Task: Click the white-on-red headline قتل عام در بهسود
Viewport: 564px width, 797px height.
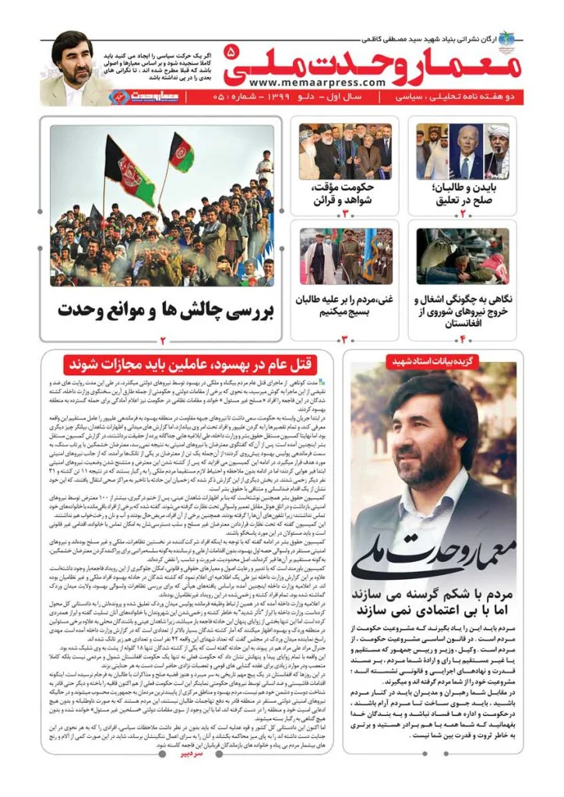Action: (187, 363)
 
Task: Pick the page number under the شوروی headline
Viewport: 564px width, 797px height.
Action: (462, 340)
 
